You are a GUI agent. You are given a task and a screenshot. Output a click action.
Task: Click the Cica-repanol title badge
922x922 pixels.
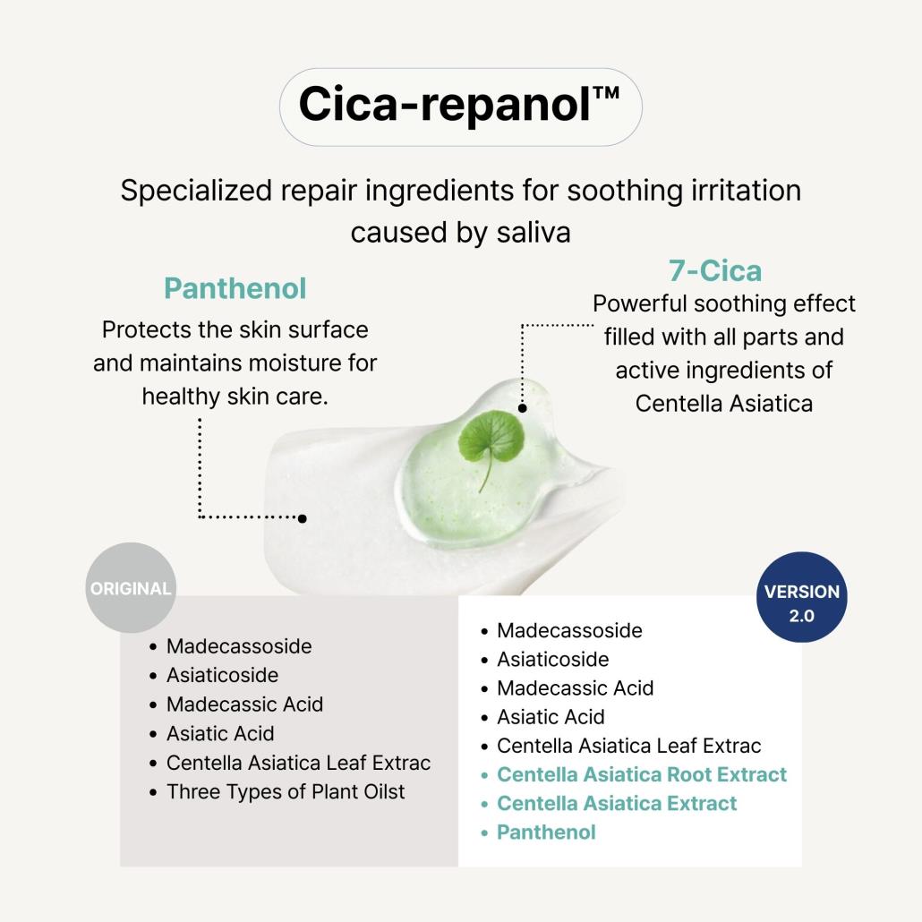(x=460, y=106)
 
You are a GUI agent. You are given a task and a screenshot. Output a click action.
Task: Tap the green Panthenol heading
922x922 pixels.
(x=235, y=288)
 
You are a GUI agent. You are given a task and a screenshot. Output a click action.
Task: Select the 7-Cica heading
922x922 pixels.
(x=714, y=270)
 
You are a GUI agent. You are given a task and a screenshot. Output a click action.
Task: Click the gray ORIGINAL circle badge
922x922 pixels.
(x=131, y=588)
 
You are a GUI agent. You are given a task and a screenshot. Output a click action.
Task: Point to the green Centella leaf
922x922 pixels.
(x=491, y=440)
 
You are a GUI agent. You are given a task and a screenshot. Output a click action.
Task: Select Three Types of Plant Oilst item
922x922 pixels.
(x=285, y=791)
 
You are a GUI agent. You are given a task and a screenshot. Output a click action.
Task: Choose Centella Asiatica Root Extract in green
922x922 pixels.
(x=641, y=774)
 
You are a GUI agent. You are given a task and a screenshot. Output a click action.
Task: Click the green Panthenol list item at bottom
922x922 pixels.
(x=545, y=832)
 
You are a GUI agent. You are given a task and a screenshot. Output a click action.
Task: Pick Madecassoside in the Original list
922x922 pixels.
(x=238, y=646)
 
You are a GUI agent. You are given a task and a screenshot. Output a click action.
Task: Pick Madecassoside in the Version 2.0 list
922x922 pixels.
(x=568, y=630)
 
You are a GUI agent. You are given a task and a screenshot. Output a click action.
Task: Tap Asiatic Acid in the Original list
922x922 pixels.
(x=219, y=733)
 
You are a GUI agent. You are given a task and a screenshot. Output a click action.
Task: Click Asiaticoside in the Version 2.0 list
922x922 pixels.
(x=552, y=660)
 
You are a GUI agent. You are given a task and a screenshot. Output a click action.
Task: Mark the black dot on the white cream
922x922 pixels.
(x=303, y=518)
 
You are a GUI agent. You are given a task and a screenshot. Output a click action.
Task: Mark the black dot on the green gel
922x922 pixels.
(x=522, y=407)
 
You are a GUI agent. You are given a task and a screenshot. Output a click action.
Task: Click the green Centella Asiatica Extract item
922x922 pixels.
(x=616, y=803)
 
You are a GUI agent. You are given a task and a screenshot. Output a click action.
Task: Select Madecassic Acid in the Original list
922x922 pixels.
(x=244, y=704)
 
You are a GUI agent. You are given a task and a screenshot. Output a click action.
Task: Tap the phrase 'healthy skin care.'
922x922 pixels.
(x=235, y=396)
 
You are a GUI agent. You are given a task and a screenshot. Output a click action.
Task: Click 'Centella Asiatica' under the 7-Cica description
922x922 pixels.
(x=723, y=403)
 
